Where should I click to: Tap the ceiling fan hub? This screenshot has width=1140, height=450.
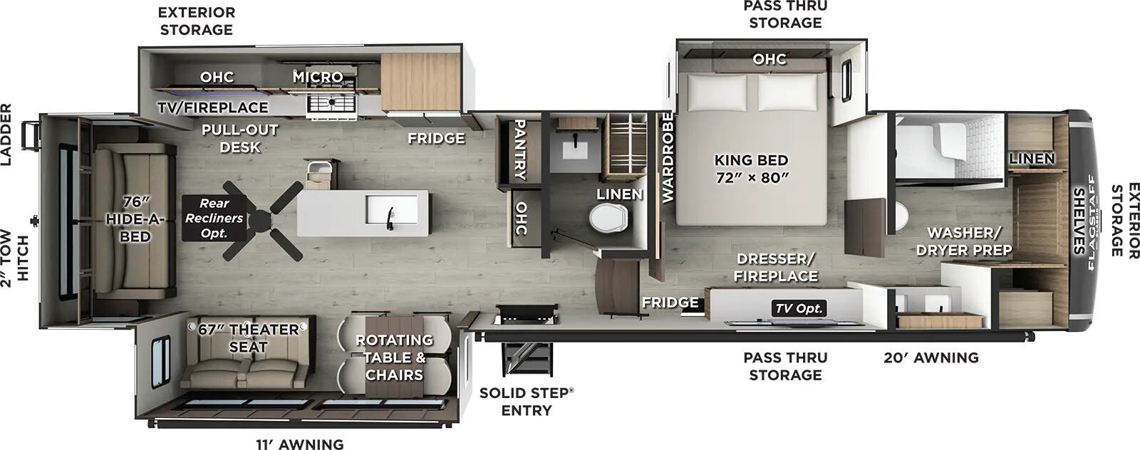pos(260,220)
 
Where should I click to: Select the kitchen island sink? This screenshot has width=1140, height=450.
pos(392,209)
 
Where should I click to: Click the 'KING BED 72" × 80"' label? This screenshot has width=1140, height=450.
pos(751,168)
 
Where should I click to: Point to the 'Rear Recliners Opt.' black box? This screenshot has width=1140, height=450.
pos(214,218)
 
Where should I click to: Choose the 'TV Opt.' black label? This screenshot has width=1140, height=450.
pos(799,308)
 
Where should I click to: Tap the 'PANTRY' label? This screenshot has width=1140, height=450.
pos(520,149)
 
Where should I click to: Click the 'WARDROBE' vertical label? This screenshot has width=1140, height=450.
pos(667,157)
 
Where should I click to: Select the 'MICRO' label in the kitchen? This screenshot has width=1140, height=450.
pos(318,77)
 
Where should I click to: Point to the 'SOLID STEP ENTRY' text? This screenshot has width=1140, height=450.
pos(527,401)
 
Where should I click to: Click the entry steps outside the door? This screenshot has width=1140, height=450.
pos(527,358)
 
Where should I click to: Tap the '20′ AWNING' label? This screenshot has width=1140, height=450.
pos(931,357)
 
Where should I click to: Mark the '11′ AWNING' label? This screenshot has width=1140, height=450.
pos(300,444)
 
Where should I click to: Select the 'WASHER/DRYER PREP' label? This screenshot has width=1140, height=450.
pos(963,241)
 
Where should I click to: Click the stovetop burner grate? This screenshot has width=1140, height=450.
pos(331,104)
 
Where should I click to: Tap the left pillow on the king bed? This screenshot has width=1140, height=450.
pos(717,92)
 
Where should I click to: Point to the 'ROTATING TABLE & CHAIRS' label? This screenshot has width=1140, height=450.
pos(395,357)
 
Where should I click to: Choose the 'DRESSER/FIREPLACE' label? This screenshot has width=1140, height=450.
pos(776,267)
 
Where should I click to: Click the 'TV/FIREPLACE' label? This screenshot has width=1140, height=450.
pos(213,108)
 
